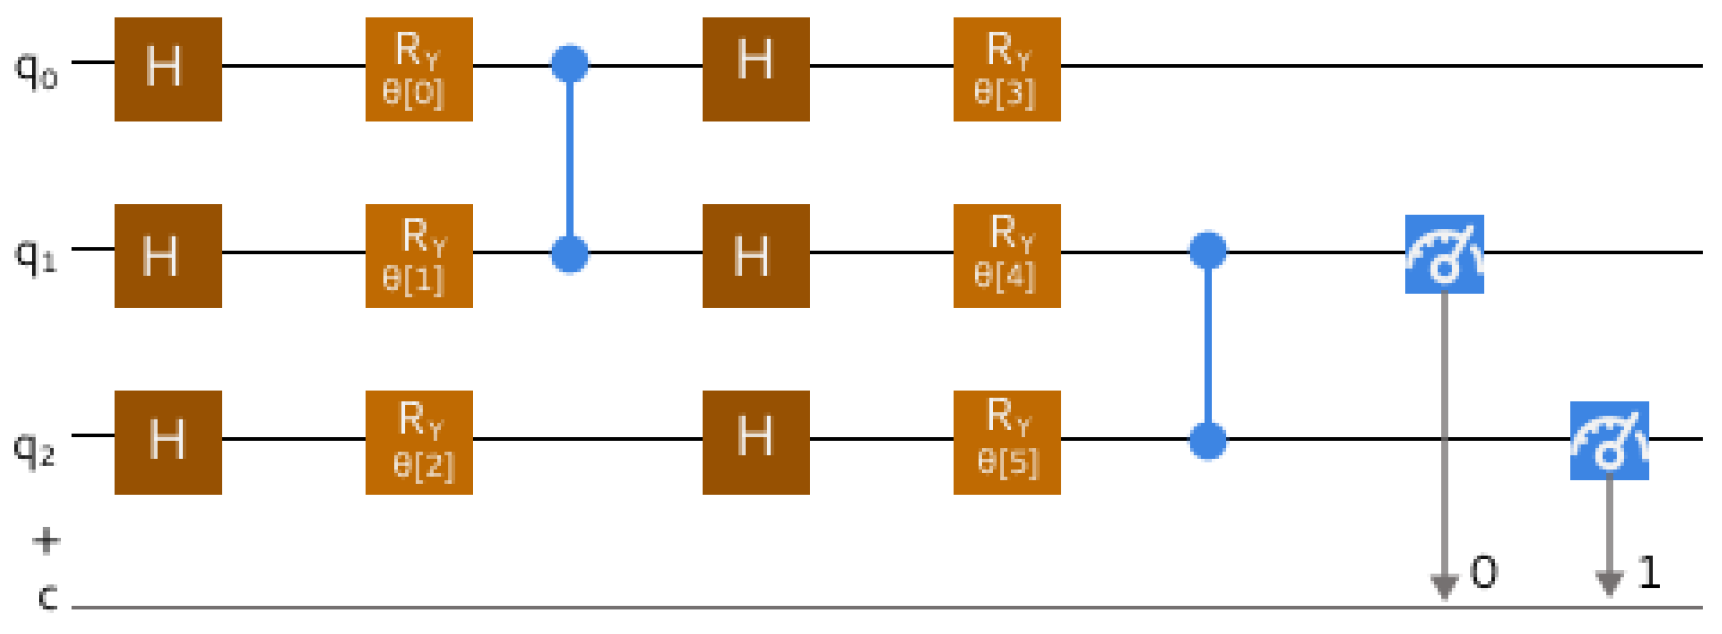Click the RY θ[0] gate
(419, 69)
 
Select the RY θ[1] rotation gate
(419, 255)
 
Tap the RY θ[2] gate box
(419, 442)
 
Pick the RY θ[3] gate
(1007, 69)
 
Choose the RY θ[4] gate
(1007, 255)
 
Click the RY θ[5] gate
(1007, 442)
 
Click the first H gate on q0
(168, 69)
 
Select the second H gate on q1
(756, 255)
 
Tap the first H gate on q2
(168, 442)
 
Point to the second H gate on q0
(756, 69)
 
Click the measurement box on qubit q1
(1444, 254)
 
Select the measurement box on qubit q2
(1609, 441)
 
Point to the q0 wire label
(36, 69)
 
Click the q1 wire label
(36, 255)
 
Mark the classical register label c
(47, 595)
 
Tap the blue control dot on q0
(569, 63)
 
